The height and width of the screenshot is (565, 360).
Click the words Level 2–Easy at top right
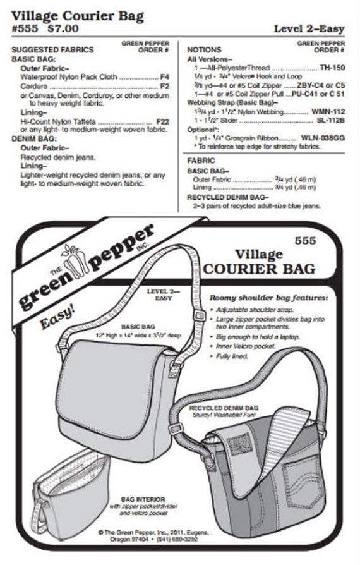[x=309, y=28]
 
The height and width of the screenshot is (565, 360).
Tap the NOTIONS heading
[x=205, y=49]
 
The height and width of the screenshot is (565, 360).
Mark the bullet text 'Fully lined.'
[x=234, y=355]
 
